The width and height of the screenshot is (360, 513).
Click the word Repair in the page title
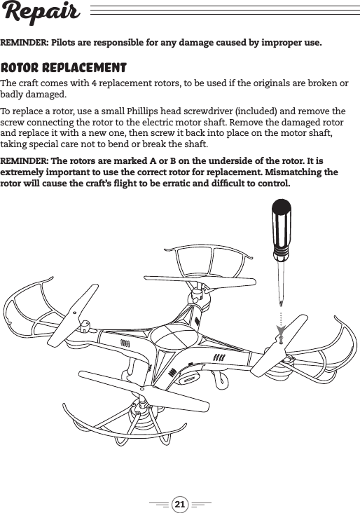[x=41, y=13]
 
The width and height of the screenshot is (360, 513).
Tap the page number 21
[x=180, y=503]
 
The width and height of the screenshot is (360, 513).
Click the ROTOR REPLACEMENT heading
[x=64, y=69]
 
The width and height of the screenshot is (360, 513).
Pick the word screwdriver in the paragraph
[x=209, y=112]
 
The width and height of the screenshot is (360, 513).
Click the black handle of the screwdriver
[x=279, y=228]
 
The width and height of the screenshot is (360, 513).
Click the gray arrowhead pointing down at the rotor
[x=280, y=329]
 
